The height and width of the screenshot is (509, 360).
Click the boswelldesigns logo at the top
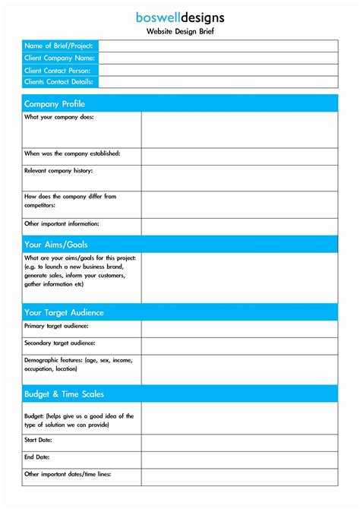180,17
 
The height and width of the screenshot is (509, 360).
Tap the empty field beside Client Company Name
218,58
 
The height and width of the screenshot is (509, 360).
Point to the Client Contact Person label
57,71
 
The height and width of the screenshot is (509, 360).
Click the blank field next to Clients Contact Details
218,82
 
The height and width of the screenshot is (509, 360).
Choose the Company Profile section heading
55,104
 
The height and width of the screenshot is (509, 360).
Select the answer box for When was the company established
239,156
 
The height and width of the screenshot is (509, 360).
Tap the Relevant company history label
58,171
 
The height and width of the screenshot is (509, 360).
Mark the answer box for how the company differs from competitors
239,204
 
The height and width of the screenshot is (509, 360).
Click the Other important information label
62,224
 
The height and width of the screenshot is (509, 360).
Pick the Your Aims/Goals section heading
56,245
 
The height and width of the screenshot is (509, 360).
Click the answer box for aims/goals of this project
239,278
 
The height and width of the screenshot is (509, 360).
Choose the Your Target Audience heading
64,312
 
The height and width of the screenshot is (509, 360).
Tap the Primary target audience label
56,326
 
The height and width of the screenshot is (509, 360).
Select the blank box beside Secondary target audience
239,346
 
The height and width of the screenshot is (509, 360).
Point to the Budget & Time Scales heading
64,394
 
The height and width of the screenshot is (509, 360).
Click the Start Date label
38,440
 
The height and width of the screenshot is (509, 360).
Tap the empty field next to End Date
239,460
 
